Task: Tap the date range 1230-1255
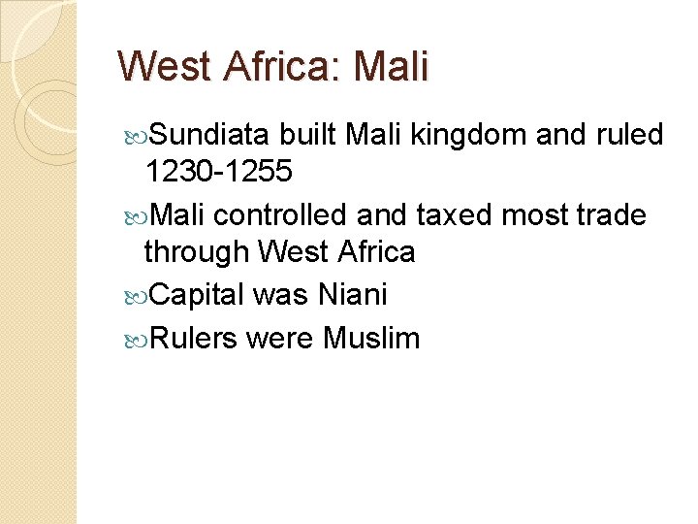point(217,173)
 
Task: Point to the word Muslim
point(371,338)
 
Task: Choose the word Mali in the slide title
point(391,67)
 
